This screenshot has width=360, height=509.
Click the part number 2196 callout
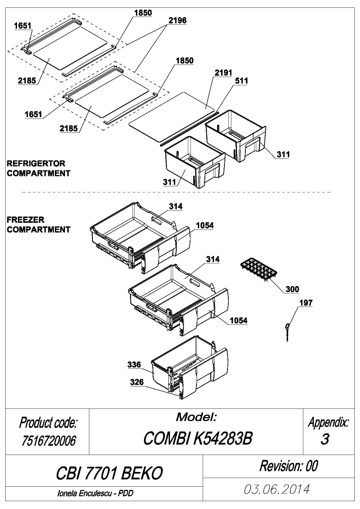(x=177, y=20)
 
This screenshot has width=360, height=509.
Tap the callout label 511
(x=241, y=81)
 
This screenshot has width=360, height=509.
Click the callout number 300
(x=292, y=289)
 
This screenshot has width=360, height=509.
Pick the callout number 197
(x=306, y=303)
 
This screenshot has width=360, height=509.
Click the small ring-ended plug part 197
(x=288, y=332)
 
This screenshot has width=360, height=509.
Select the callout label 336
(x=134, y=364)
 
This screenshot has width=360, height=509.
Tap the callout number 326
(x=137, y=382)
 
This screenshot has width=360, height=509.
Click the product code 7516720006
(x=49, y=441)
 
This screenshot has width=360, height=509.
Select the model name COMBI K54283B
(x=197, y=438)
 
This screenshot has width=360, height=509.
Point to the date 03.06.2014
(x=277, y=489)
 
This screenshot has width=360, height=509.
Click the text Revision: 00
(x=289, y=466)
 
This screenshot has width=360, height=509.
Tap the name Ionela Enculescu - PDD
(x=95, y=493)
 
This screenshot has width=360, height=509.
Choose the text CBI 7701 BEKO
(x=109, y=473)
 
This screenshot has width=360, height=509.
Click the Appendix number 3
(x=325, y=439)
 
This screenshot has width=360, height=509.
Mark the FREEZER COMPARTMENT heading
(x=38, y=225)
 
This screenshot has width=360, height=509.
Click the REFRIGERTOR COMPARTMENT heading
(x=38, y=168)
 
